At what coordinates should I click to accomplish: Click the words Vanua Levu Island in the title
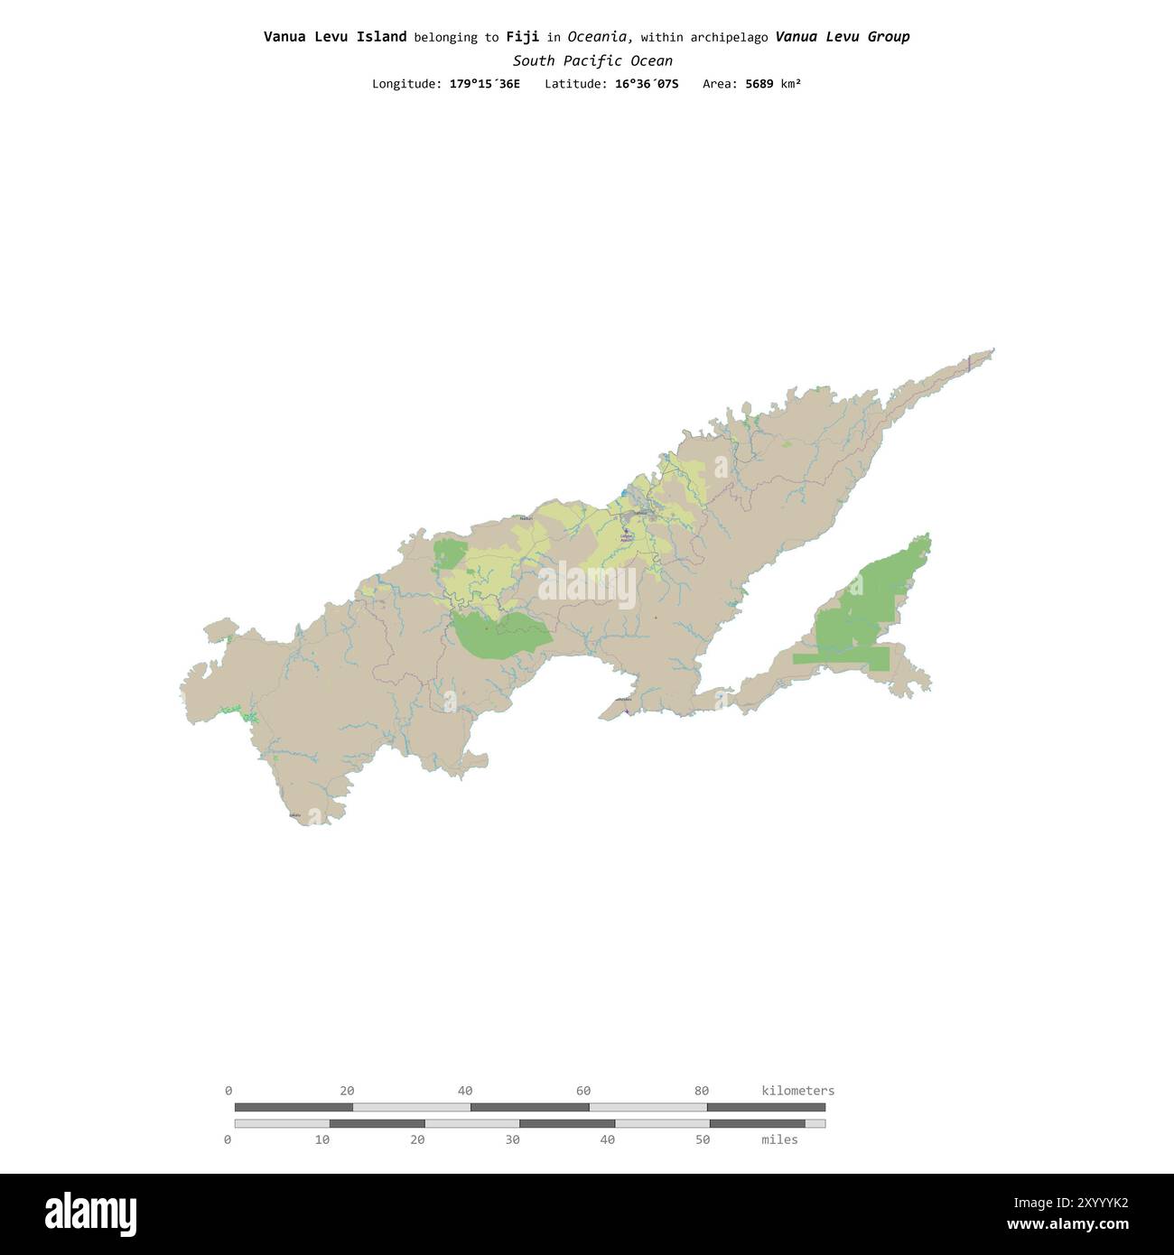pos(334,37)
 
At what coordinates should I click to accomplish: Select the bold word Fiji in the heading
pos(522,37)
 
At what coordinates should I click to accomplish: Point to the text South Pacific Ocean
pos(592,61)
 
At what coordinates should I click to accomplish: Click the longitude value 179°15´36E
pos(484,84)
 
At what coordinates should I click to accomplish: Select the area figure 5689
pos(759,84)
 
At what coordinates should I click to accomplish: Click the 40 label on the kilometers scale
pos(465,1091)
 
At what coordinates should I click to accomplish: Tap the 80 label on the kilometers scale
pos(702,1091)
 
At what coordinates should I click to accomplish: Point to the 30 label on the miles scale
pos(512,1139)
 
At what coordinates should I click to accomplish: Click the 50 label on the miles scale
pos(703,1139)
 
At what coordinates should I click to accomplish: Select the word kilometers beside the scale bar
pos(798,1091)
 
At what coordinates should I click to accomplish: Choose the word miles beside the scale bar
pos(779,1139)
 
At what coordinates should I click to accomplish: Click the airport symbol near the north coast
pos(626,533)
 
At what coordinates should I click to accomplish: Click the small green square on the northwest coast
pos(449,553)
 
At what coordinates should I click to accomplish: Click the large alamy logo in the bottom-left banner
pos(91,1213)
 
